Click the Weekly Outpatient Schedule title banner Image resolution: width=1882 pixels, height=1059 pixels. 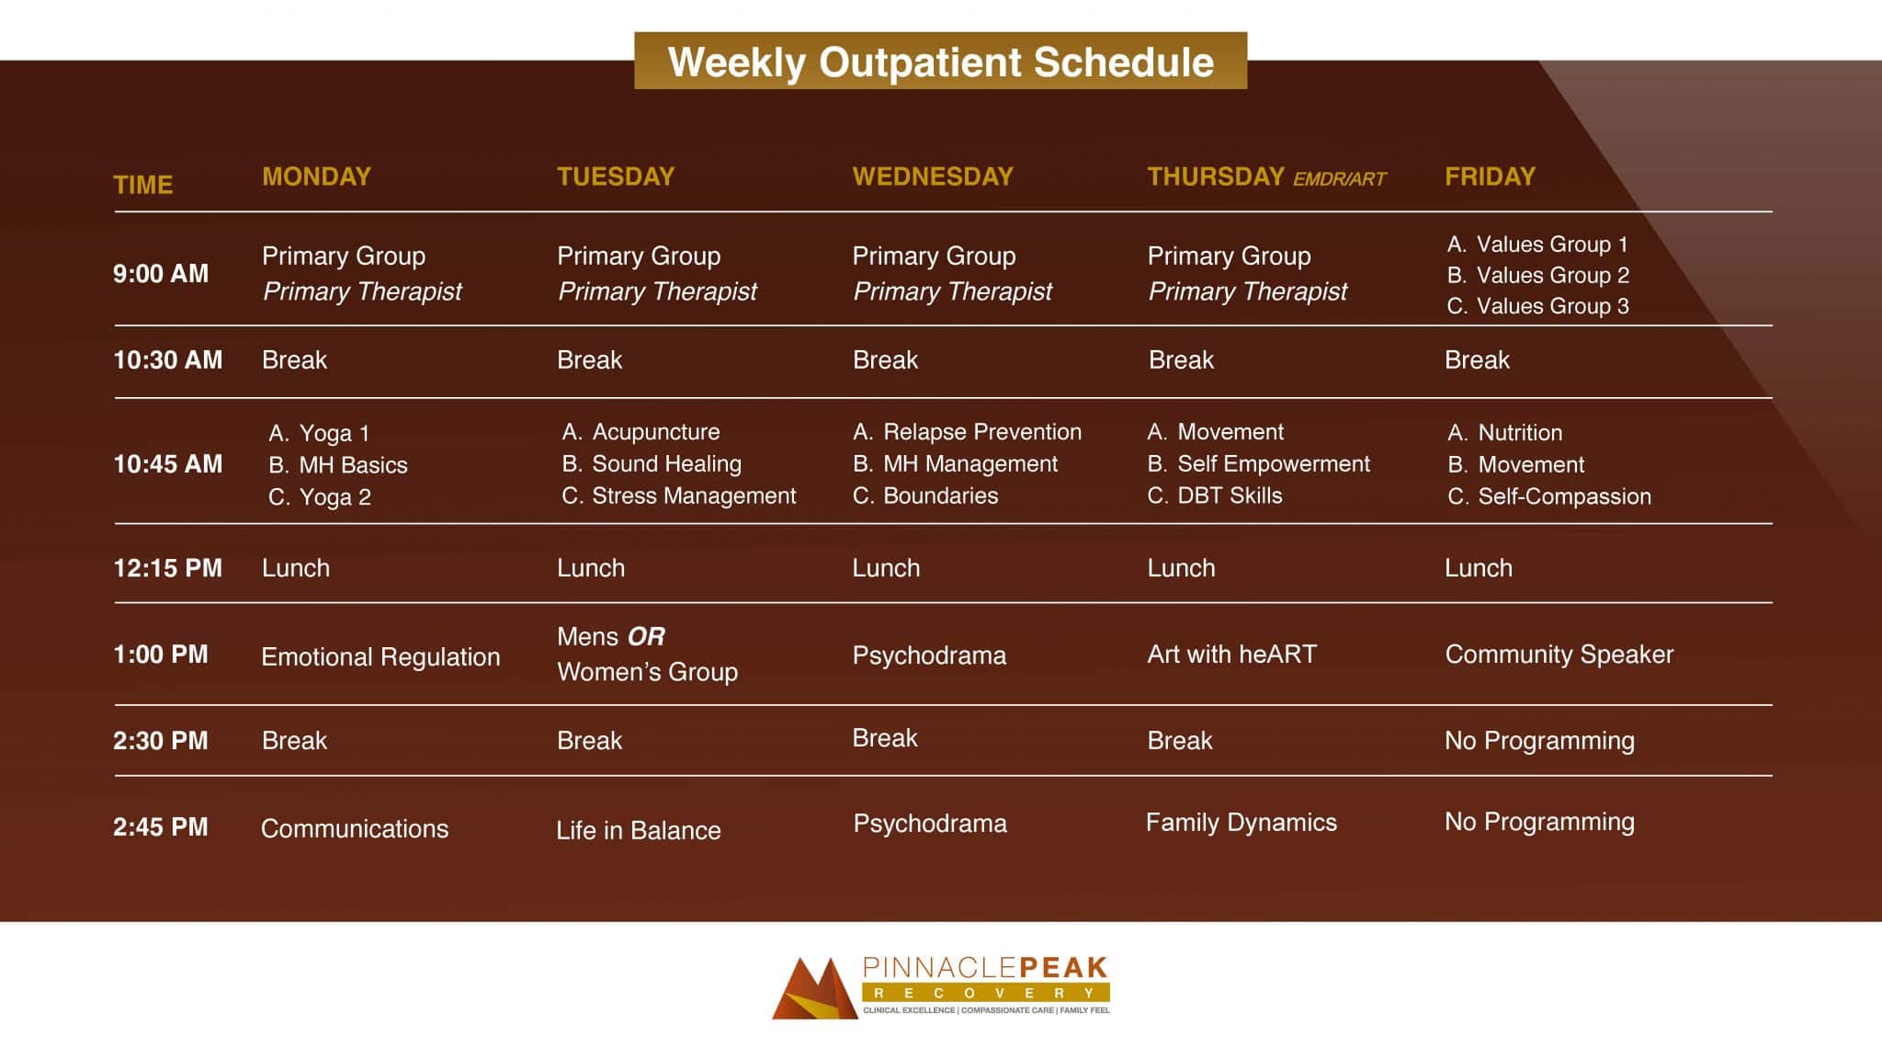940,62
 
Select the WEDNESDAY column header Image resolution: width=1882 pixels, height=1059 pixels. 932,176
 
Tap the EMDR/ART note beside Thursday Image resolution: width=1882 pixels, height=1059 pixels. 1339,179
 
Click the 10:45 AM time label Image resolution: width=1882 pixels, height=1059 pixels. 167,463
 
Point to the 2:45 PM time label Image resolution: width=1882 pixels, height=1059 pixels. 160,826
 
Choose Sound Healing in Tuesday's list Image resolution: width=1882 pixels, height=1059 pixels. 665,463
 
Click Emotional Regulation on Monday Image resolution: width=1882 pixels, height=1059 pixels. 380,656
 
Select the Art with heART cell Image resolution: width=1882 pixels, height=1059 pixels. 1231,655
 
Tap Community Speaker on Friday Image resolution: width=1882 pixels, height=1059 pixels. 1559,655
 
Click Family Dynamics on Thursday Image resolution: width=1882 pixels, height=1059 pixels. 1241,823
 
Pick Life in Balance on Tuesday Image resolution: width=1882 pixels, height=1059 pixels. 638,830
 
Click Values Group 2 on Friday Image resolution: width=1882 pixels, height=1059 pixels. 1551,275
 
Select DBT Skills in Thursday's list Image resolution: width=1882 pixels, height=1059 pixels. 1229,495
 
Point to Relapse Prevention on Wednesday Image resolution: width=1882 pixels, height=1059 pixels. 981,432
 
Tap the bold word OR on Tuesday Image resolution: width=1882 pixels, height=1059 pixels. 646,636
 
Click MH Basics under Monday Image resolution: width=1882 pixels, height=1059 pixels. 352,465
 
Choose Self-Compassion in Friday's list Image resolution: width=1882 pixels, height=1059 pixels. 1563,496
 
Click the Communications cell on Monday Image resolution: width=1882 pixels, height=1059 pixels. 355,828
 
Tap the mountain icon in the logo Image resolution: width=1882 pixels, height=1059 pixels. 814,989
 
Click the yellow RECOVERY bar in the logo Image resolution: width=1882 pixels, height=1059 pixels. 985,993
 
